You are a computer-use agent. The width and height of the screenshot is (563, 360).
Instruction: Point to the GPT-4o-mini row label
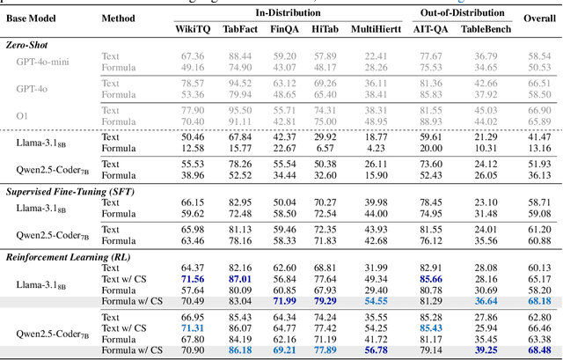43,62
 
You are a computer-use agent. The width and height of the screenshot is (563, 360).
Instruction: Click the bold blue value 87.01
239,278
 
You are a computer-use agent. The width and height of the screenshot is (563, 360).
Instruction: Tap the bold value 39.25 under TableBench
486,350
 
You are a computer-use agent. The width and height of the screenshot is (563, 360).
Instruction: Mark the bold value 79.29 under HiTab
324,300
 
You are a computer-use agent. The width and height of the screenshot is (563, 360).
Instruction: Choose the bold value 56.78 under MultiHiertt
377,350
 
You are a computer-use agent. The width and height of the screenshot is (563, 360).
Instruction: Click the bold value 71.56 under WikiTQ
193,278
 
